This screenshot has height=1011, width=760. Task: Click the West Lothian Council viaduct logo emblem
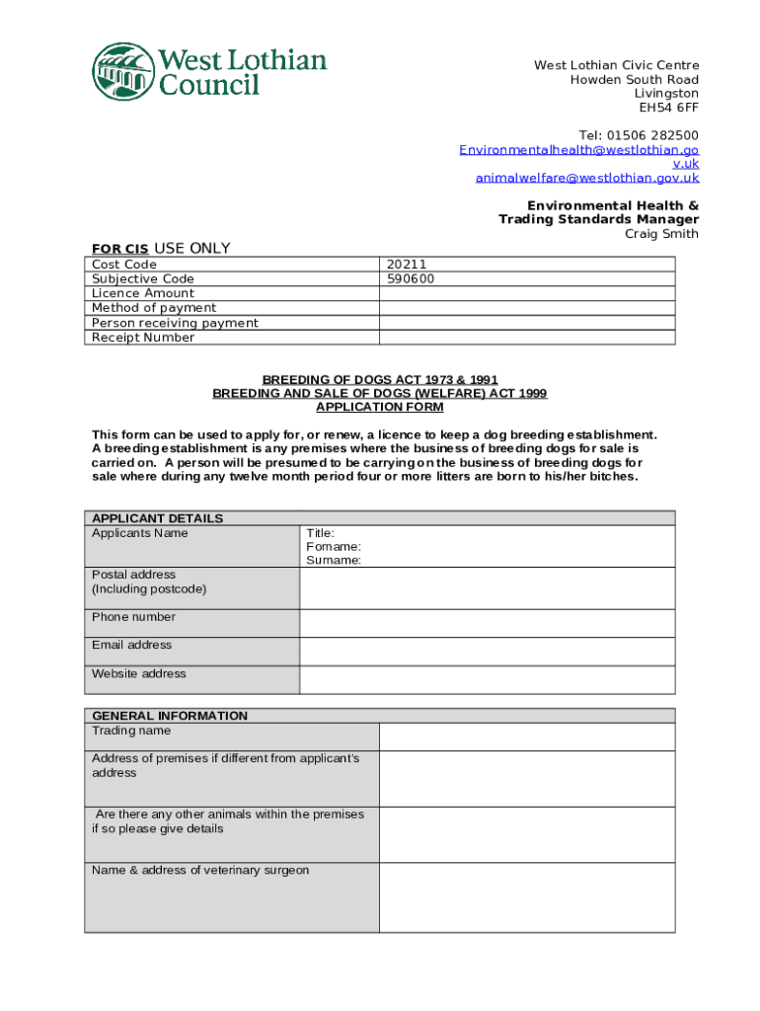pos(123,71)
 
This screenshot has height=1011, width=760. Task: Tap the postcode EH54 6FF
pos(668,108)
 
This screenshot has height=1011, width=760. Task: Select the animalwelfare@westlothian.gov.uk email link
pos(587,178)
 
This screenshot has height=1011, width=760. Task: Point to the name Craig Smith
pos(661,234)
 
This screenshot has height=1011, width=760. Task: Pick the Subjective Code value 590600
pos(411,278)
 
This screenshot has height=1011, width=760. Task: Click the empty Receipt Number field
pos(527,338)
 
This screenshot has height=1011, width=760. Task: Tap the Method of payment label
pos(154,308)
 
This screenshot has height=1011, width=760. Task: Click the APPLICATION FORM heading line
pos(380,407)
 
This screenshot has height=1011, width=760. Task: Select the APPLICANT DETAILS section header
pos(158,518)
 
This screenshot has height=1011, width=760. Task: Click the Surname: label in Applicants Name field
pos(334,560)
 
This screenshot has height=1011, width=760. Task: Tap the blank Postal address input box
pos(488,588)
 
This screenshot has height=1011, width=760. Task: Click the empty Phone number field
pos(488,623)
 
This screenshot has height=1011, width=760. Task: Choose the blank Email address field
pos(488,652)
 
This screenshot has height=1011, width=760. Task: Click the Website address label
pos(139,673)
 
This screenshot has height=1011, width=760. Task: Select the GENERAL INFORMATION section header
pos(170,716)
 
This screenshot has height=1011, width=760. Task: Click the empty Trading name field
pos(527,738)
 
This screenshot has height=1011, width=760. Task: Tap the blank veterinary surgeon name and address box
pos(527,897)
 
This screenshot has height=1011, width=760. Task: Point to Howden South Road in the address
pos(635,80)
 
